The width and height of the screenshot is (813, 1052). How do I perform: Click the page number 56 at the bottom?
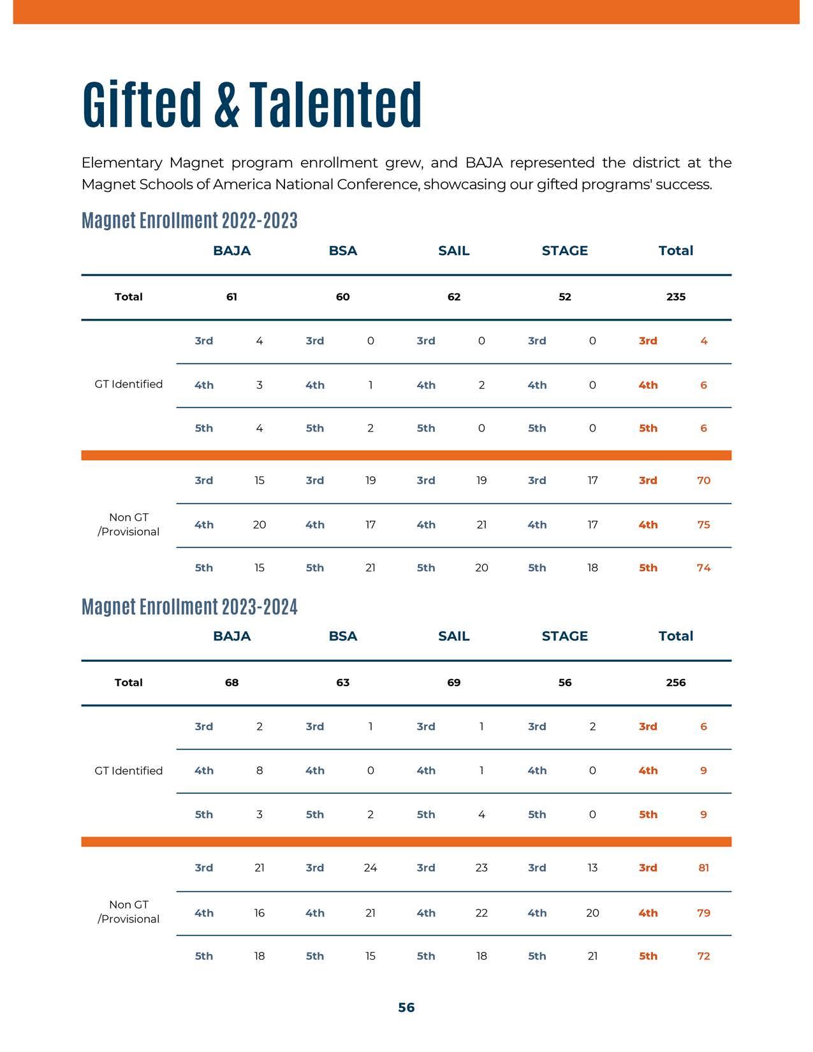pyautogui.click(x=406, y=1007)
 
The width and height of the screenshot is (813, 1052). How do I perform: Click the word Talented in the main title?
pyautogui.click(x=335, y=105)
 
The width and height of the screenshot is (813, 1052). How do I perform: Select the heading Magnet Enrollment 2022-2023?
pyautogui.click(x=189, y=221)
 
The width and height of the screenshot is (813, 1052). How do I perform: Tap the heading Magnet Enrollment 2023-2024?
pyautogui.click(x=189, y=606)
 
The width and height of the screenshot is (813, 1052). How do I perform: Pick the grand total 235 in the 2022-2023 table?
pyautogui.click(x=676, y=296)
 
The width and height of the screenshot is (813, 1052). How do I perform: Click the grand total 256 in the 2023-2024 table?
pyautogui.click(x=676, y=682)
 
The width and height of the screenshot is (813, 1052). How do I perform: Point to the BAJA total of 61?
pyautogui.click(x=231, y=296)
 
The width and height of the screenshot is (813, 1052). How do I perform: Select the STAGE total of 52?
pyautogui.click(x=565, y=296)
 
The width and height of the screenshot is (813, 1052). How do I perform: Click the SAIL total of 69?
pyautogui.click(x=453, y=682)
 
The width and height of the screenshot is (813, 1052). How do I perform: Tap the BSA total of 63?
pyautogui.click(x=342, y=682)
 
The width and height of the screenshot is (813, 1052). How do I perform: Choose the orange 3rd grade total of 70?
pyautogui.click(x=703, y=480)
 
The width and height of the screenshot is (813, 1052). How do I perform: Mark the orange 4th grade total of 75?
pyautogui.click(x=703, y=525)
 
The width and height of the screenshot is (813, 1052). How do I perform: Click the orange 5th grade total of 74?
pyautogui.click(x=703, y=567)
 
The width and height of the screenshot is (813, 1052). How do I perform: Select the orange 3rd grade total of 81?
pyautogui.click(x=703, y=867)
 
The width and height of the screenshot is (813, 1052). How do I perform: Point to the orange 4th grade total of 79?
pyautogui.click(x=703, y=912)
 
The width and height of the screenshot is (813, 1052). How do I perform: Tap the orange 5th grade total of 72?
pyautogui.click(x=703, y=956)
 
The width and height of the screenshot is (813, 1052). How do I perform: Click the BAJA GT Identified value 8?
pyautogui.click(x=260, y=770)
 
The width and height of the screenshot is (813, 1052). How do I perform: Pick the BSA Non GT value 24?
pyautogui.click(x=370, y=867)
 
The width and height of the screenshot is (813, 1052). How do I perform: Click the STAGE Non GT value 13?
pyautogui.click(x=592, y=867)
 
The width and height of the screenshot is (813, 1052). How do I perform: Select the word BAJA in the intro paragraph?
pyautogui.click(x=484, y=163)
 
